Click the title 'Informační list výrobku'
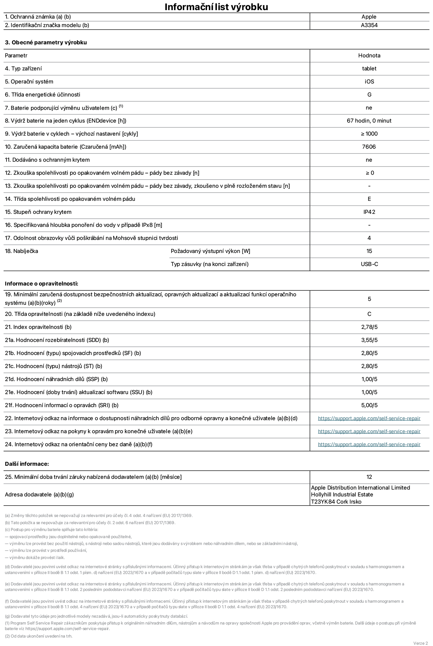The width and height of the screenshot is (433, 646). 216,7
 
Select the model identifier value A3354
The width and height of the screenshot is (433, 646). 369,25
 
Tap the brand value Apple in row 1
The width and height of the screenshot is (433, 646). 369,17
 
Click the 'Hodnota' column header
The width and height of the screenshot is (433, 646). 369,55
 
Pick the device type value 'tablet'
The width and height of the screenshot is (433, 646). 369,68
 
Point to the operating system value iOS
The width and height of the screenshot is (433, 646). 369,81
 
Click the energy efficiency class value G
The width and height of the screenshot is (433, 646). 369,95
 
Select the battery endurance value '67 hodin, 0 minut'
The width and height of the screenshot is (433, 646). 369,121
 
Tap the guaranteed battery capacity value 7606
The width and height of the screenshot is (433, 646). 369,147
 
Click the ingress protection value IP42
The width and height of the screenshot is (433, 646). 369,212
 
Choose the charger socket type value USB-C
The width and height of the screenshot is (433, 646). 369,264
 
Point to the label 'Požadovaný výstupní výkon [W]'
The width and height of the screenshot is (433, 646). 210,251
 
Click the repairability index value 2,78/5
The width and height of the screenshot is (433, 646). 369,327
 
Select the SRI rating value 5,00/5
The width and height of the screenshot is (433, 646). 369,405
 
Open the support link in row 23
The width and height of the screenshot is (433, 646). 369,431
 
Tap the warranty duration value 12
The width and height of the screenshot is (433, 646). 369,477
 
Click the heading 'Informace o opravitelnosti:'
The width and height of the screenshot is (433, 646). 41,284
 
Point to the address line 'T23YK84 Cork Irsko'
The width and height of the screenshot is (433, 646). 336,502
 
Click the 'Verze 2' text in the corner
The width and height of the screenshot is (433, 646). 420,643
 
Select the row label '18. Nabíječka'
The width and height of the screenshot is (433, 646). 22,251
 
